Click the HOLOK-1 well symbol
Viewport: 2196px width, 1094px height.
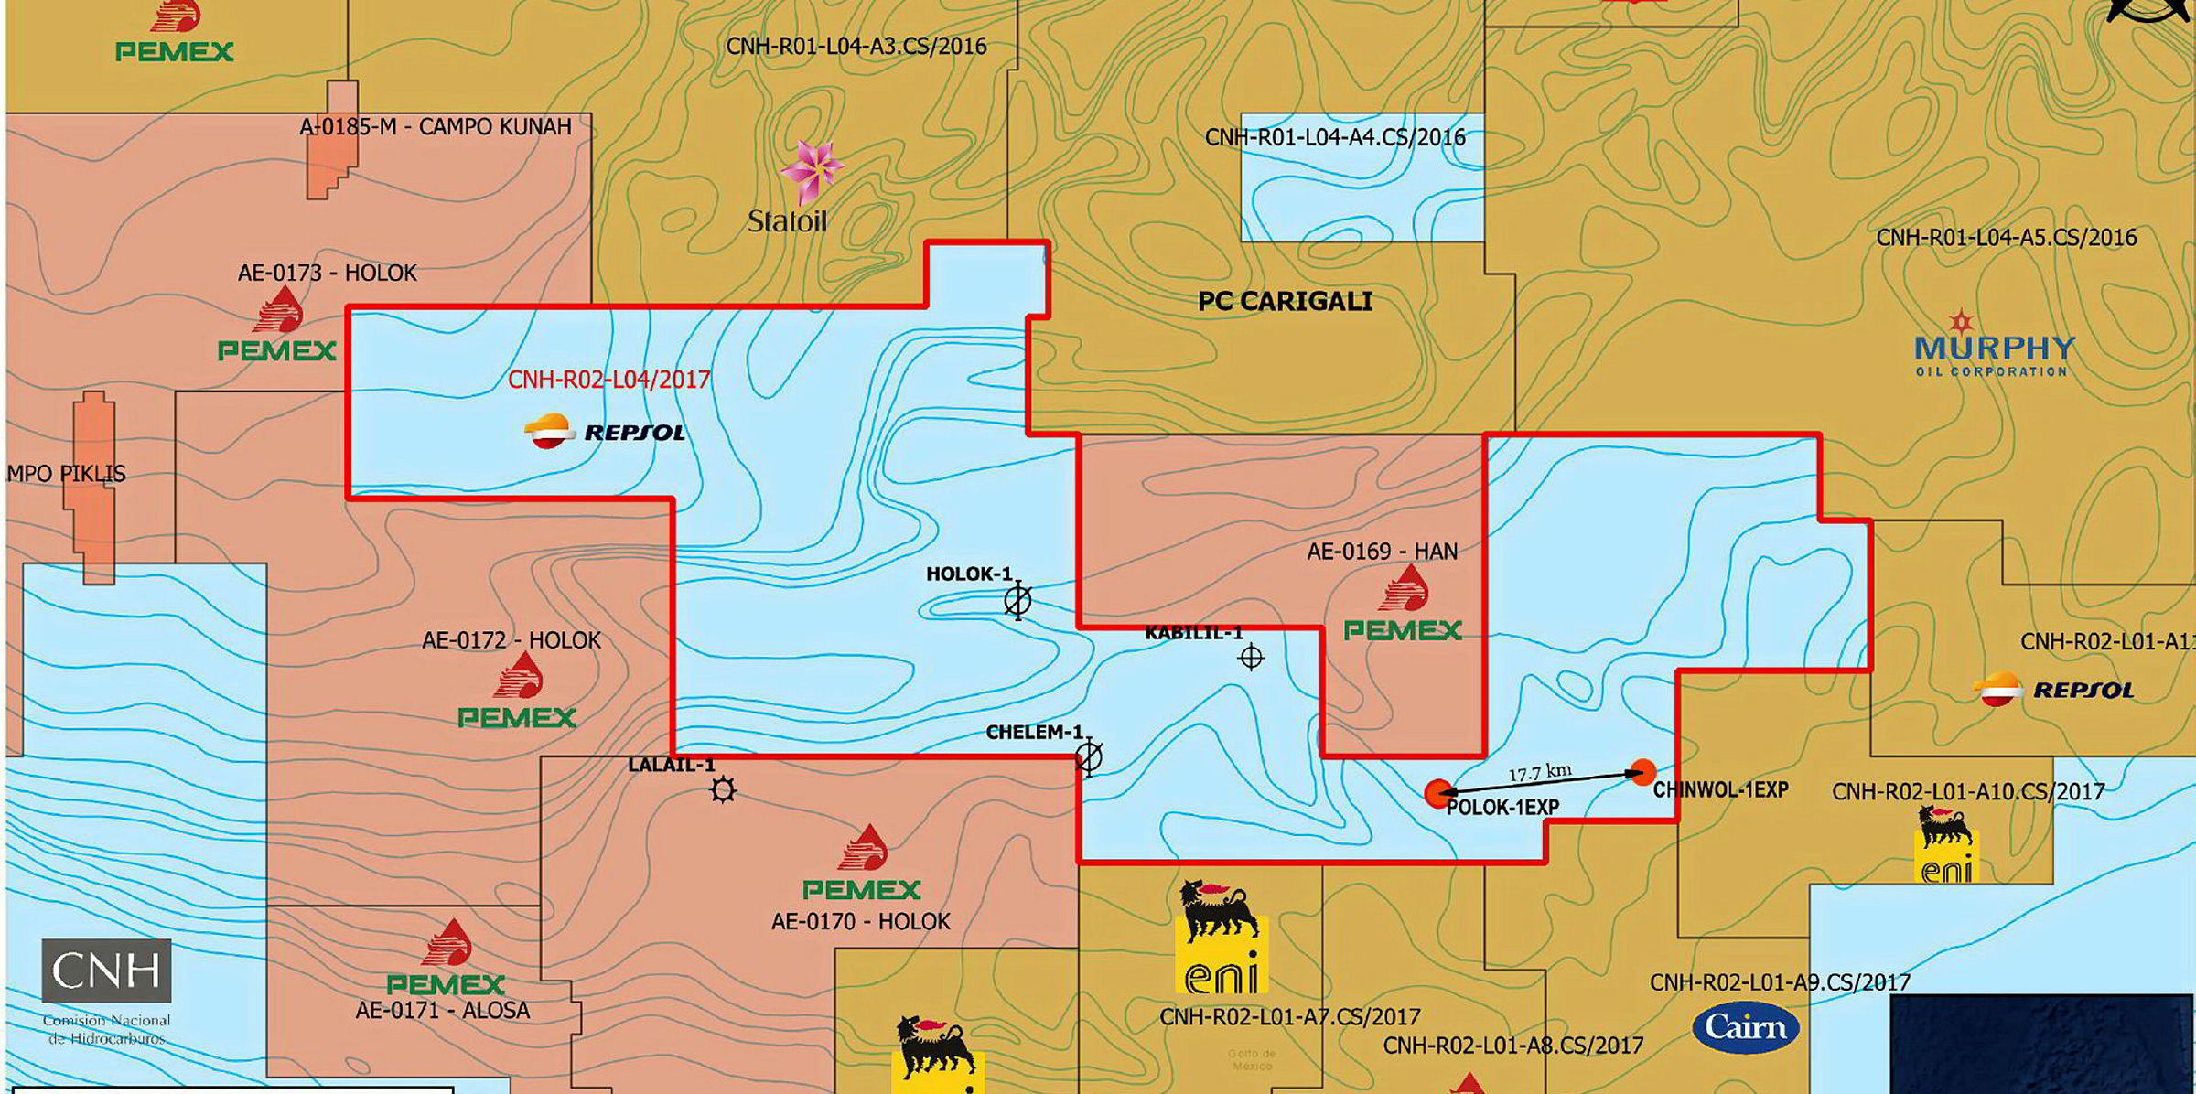click(1017, 601)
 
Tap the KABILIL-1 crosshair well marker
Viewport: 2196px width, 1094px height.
click(1251, 658)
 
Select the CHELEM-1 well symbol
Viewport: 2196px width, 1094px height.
click(1089, 756)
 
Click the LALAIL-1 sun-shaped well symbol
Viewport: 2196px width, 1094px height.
click(723, 789)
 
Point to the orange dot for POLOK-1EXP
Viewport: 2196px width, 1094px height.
click(1438, 793)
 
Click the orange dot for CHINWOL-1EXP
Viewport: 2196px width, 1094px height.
click(1643, 772)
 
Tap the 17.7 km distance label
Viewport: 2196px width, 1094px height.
click(1540, 773)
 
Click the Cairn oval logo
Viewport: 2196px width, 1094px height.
click(1746, 1028)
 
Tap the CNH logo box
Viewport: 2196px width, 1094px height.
click(106, 971)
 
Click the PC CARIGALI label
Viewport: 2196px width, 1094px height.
click(1285, 302)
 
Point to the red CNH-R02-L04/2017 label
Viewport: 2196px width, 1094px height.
click(609, 380)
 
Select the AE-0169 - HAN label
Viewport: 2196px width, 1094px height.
click(1382, 552)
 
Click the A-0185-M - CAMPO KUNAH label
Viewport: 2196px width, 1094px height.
click(436, 126)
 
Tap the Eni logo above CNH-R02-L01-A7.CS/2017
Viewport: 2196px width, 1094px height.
click(1222, 937)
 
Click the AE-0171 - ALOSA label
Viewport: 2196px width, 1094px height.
click(443, 1011)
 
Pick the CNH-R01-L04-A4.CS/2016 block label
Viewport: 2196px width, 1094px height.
click(1335, 138)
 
